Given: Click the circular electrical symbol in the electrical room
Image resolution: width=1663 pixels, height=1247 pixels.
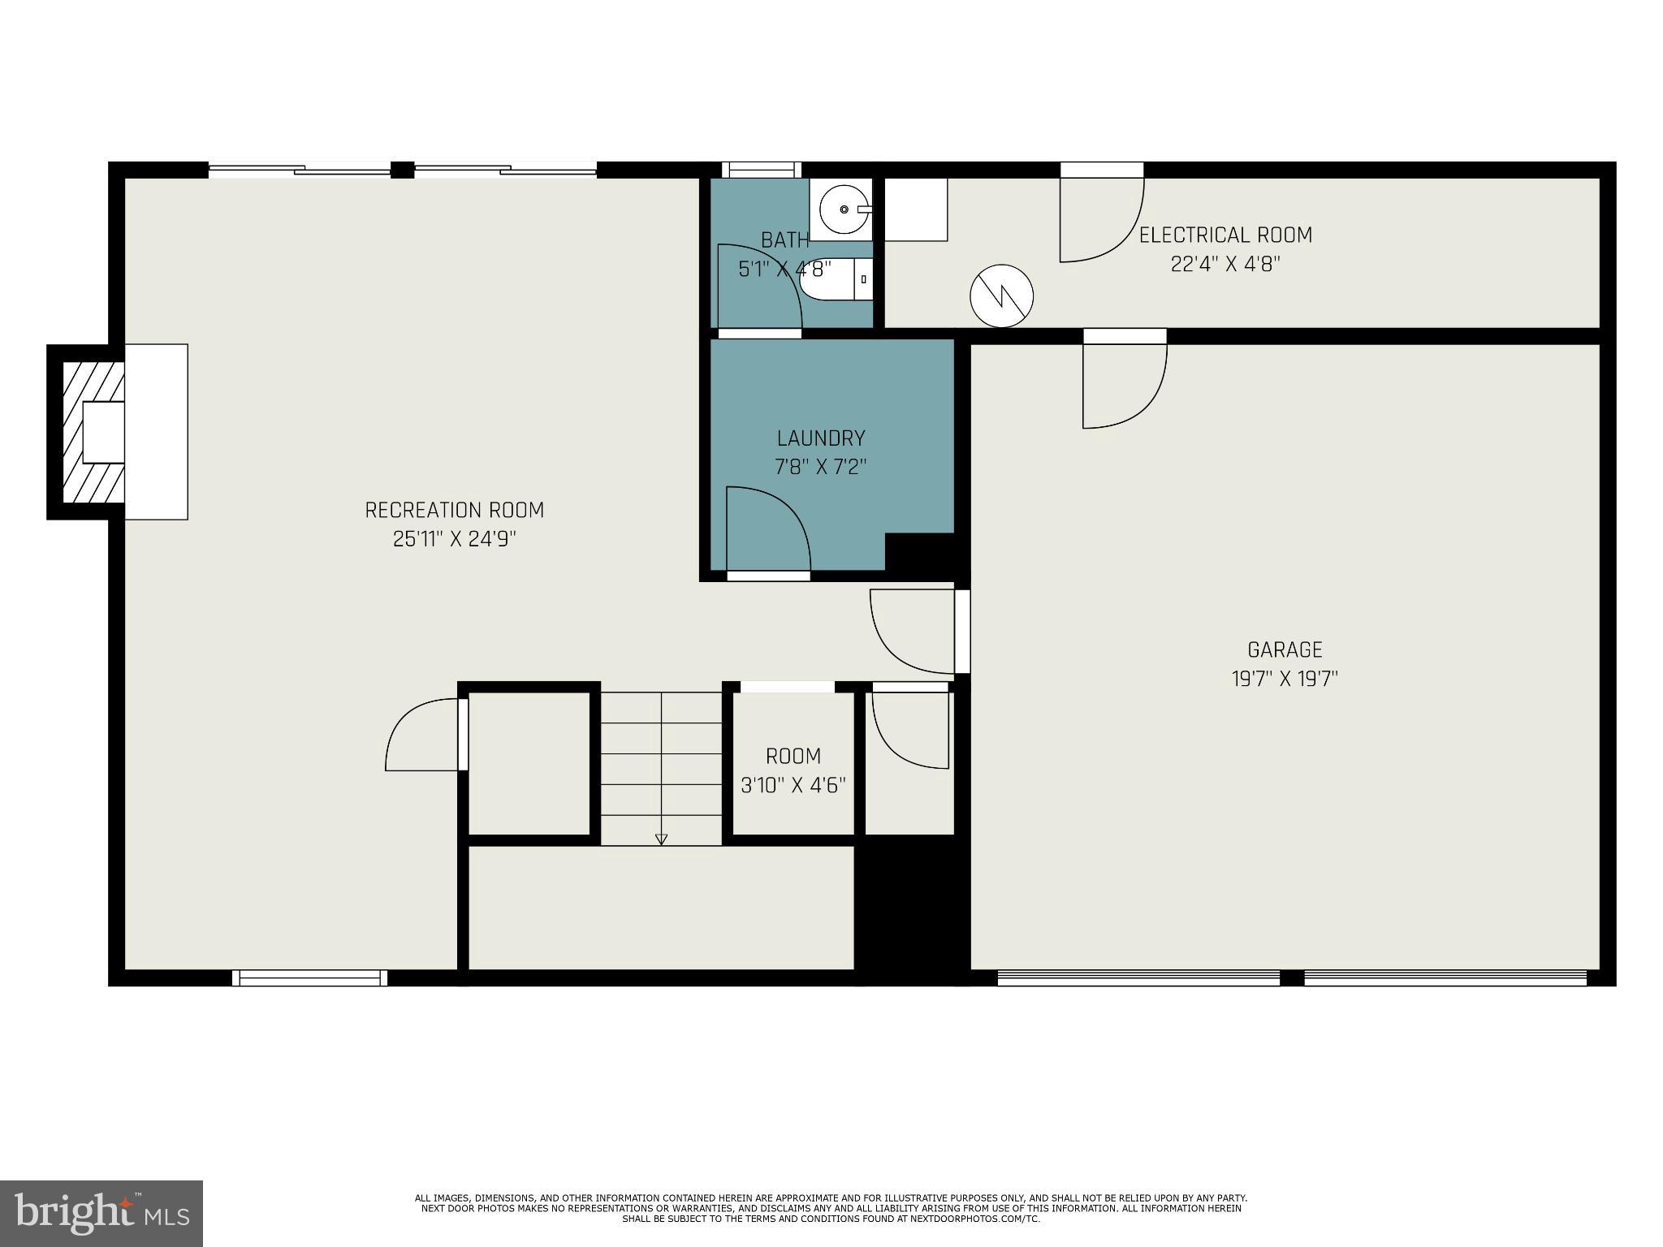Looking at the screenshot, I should pyautogui.click(x=1002, y=296).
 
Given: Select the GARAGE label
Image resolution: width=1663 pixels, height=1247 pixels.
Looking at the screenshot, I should pyautogui.click(x=1285, y=649).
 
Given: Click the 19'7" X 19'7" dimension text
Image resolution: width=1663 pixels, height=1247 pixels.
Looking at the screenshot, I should pyautogui.click(x=1285, y=679).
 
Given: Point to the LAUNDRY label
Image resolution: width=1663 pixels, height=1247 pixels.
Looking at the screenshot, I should pyautogui.click(x=821, y=438).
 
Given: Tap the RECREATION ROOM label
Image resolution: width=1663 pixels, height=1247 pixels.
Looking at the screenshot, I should pyautogui.click(x=454, y=510).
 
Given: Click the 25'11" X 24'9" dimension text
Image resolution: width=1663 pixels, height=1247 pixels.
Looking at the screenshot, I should pyautogui.click(x=454, y=539).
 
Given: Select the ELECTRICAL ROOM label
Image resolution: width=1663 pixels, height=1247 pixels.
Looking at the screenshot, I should pyautogui.click(x=1225, y=235).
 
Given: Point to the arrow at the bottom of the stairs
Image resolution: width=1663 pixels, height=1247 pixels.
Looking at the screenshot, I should pyautogui.click(x=661, y=839).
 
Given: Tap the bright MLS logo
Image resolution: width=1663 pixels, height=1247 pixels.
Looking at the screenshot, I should pyautogui.click(x=101, y=1214).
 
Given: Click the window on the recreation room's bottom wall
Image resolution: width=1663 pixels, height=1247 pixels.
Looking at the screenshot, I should pyautogui.click(x=309, y=978).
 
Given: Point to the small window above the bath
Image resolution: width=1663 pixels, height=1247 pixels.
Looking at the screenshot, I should pyautogui.click(x=761, y=169).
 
